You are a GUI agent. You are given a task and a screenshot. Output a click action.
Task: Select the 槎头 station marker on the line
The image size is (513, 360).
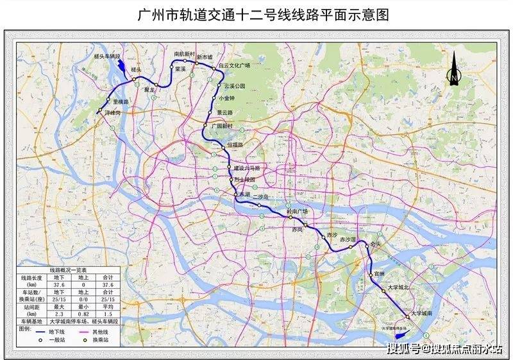134,80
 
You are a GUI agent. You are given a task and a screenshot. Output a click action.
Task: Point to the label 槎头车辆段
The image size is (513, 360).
121,57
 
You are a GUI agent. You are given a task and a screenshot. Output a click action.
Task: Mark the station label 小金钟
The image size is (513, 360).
227,98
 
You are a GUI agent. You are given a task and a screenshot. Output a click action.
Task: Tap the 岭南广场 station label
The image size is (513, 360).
297,211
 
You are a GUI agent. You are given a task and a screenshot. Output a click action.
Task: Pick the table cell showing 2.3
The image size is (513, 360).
58,314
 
